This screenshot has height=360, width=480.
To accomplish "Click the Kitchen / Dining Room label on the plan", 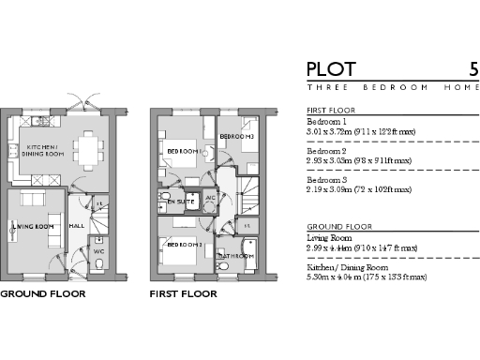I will pyautogui.click(x=44, y=150).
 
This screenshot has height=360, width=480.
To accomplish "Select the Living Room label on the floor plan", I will pyautogui.click(x=33, y=227).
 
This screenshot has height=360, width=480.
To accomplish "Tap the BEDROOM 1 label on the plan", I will pyautogui.click(x=184, y=151).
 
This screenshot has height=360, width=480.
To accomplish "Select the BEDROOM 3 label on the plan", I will pyautogui.click(x=236, y=138).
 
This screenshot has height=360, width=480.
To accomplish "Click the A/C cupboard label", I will pyautogui.click(x=210, y=199).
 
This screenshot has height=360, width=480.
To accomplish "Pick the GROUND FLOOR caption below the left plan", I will pyautogui.click(x=42, y=294).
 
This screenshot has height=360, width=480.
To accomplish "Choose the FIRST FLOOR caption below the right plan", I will pyautogui.click(x=184, y=294).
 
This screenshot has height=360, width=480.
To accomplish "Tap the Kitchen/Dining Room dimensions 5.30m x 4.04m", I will pyautogui.click(x=367, y=277).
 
